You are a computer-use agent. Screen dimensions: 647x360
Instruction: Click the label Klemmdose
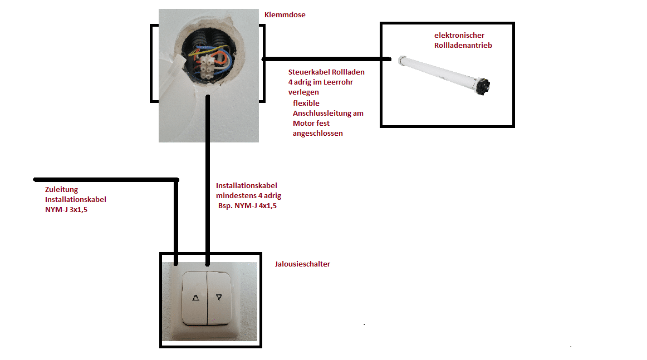285,15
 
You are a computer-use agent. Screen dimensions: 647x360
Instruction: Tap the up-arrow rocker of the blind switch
195,297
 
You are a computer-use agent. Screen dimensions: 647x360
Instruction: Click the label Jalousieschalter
302,264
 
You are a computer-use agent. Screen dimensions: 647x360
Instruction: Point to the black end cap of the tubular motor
484,87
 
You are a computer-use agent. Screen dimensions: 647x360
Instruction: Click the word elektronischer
459,36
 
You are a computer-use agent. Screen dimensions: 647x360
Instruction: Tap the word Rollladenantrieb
463,46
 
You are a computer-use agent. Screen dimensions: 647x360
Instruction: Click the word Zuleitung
61,190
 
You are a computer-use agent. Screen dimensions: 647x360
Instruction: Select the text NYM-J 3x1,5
66,209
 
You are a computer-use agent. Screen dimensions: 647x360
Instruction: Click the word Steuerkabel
309,72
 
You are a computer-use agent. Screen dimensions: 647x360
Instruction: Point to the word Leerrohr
338,82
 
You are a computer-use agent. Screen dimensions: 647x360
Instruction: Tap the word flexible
306,103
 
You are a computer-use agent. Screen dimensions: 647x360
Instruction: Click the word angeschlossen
318,133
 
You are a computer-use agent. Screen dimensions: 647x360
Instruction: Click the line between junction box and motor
326,59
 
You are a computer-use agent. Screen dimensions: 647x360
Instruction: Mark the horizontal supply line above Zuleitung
106,180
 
